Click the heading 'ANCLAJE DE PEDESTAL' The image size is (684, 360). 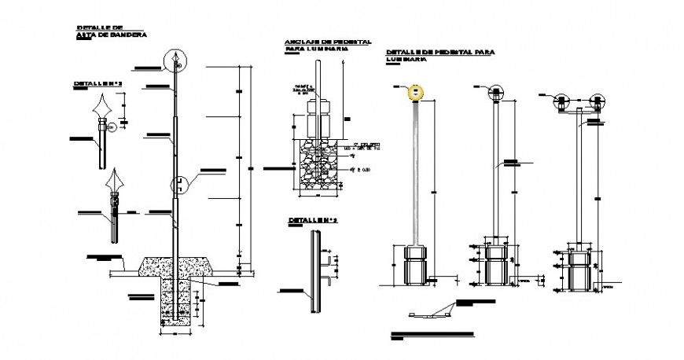(x=328, y=41)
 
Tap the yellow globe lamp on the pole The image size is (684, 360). (x=415, y=93)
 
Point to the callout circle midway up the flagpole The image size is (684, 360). (x=180, y=184)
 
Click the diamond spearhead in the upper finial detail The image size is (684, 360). (x=101, y=107)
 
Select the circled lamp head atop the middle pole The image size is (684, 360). (x=496, y=93)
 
